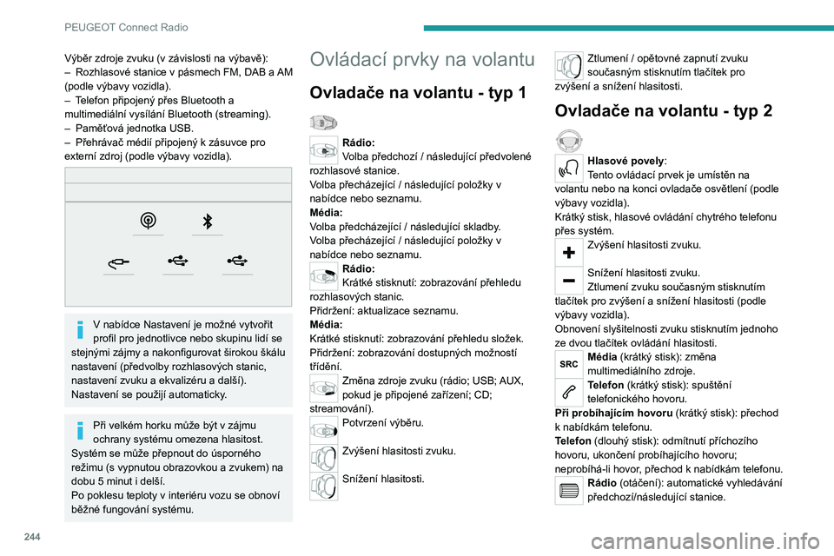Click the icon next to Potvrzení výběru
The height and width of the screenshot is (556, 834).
pyautogui.click(x=324, y=428)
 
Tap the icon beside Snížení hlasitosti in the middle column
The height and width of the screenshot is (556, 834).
pyautogui.click(x=324, y=484)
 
